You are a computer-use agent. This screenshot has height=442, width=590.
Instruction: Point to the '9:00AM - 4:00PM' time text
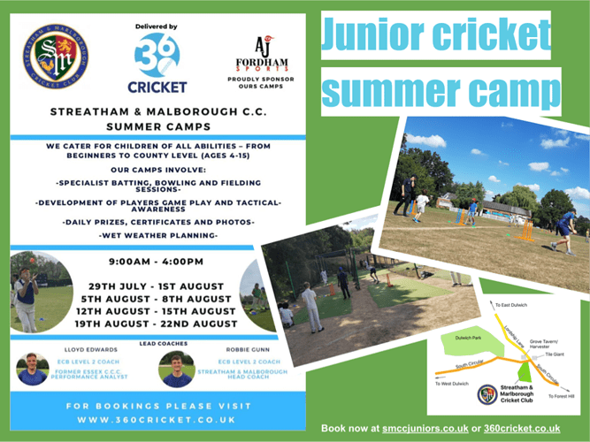click(x=157, y=262)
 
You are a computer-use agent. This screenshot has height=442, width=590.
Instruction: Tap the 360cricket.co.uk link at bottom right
click(x=523, y=429)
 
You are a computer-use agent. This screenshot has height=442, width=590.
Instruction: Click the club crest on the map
click(x=486, y=394)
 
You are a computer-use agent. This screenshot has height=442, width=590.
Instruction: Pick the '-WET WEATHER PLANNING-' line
click(x=157, y=234)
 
